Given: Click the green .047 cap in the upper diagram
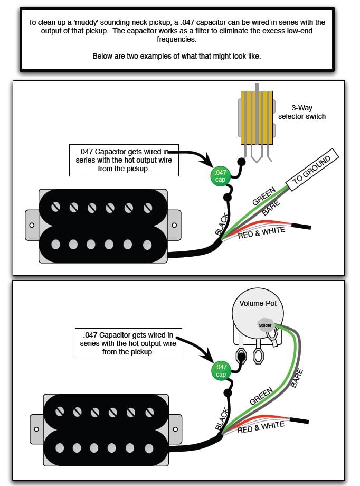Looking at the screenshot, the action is (220, 176).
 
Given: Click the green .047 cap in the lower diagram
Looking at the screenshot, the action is (221, 371).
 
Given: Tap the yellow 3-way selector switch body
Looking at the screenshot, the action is (257, 118).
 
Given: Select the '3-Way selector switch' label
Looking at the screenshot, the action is (302, 112).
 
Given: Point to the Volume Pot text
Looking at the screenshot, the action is (258, 303).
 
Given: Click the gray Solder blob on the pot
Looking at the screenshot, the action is (265, 325).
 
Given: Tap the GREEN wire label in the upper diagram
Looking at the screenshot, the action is (263, 196).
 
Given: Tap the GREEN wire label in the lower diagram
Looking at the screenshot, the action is (261, 396).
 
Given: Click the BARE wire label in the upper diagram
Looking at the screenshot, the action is (271, 208).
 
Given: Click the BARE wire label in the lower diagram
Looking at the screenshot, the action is (297, 378).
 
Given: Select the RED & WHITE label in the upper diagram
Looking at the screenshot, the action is (261, 233).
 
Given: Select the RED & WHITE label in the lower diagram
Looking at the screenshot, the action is (261, 427).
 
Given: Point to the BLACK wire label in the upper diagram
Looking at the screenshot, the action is (222, 224).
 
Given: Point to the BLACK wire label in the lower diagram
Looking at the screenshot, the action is (222, 419).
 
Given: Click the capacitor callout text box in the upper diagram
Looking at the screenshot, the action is (124, 160).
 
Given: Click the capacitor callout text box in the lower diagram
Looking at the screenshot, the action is (128, 344).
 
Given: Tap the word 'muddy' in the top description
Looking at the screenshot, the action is (85, 22).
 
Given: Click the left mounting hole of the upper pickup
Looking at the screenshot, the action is (32, 225).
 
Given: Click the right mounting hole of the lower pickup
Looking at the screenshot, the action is (175, 429).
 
